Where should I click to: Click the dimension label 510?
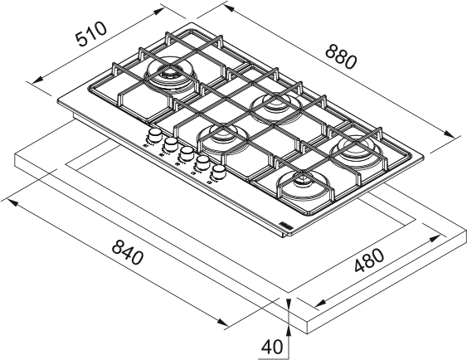91,34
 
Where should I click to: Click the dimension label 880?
341,56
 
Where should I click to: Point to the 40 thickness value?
272,347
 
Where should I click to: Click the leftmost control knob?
154,135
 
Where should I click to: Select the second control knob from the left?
170,144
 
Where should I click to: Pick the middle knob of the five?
187,153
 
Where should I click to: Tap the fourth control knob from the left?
202,163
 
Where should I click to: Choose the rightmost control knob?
219,171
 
